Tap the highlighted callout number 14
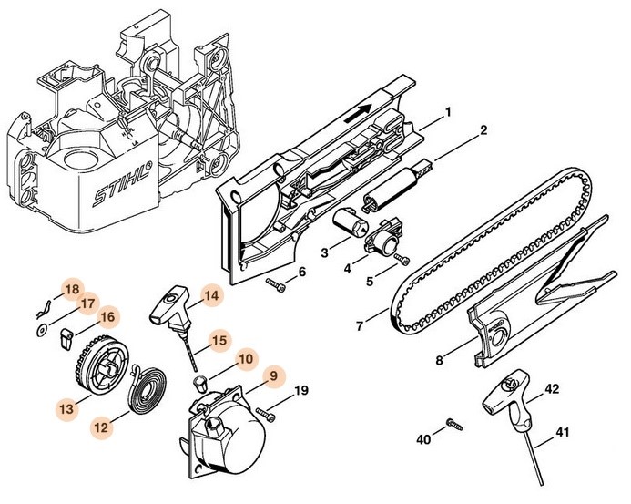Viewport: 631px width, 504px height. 211,295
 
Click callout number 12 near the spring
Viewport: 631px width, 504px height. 102,425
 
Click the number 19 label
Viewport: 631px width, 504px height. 301,392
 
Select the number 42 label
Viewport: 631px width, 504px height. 551,390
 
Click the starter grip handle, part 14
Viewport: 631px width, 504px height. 169,305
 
